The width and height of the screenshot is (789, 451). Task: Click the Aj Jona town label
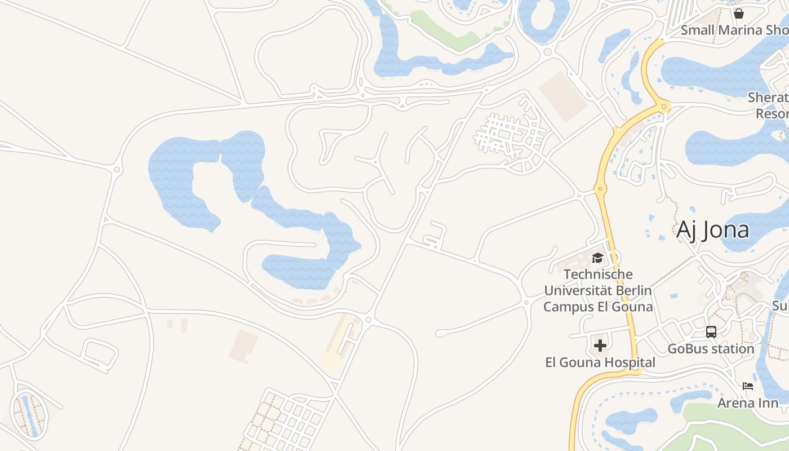[712, 229]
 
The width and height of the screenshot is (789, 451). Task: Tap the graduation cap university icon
[597, 258]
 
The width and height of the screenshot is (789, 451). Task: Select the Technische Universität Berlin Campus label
[597, 291]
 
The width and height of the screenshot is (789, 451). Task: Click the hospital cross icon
[600, 345]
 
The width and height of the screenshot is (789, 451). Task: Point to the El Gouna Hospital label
[600, 362]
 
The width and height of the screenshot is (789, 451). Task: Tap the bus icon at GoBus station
[711, 332]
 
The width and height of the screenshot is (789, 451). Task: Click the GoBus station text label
[711, 349]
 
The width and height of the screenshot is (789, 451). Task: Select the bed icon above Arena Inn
[748, 386]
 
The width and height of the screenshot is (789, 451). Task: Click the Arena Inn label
[747, 403]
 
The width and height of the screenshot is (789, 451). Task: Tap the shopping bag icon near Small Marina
[739, 13]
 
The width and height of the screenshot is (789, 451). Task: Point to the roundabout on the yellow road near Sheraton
[664, 105]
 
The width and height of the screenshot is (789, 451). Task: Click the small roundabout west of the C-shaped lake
[117, 169]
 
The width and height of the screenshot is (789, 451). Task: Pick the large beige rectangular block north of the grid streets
[563, 96]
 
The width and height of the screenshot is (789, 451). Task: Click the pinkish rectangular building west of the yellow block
[243, 346]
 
